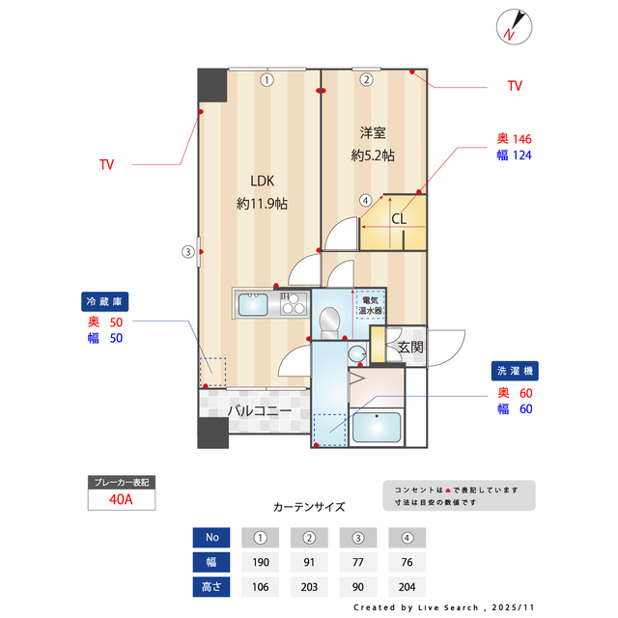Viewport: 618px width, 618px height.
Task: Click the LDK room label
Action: pyautogui.click(x=262, y=181)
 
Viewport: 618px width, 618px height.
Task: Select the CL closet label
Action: pyautogui.click(x=399, y=218)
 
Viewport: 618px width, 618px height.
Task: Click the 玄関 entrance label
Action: pyautogui.click(x=411, y=347)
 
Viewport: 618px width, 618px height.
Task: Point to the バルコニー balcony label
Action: pyautogui.click(x=260, y=411)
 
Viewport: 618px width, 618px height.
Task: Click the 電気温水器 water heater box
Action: pyautogui.click(x=371, y=305)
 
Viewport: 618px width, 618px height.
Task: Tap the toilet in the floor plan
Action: pyautogui.click(x=329, y=319)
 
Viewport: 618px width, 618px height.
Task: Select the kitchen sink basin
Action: pyautogui.click(x=254, y=305)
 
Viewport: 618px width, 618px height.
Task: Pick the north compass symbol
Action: pyautogui.click(x=512, y=26)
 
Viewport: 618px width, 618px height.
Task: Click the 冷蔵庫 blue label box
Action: pyautogui.click(x=103, y=299)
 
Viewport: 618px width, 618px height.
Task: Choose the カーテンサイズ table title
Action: pyautogui.click(x=309, y=506)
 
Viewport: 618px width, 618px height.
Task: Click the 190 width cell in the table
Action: pyautogui.click(x=260, y=561)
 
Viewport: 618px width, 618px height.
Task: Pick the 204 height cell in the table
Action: pyautogui.click(x=407, y=586)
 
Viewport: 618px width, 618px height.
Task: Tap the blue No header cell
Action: pyautogui.click(x=211, y=537)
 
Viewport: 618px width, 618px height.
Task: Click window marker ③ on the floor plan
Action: pyautogui.click(x=188, y=253)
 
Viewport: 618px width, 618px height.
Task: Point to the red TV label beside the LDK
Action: pyautogui.click(x=106, y=165)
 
